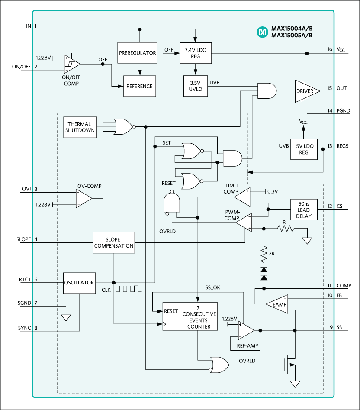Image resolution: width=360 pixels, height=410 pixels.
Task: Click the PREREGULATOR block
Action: [x=137, y=53]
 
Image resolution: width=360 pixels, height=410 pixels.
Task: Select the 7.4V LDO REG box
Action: [x=196, y=53]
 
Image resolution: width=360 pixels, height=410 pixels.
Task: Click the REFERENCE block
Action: [x=139, y=86]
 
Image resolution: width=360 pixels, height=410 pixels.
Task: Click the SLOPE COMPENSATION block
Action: [x=114, y=243]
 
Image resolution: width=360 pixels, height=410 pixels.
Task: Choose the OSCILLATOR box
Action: [x=78, y=283]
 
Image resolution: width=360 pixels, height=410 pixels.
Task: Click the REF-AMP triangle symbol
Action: [x=246, y=330]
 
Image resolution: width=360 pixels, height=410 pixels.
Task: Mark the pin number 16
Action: [x=330, y=49]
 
